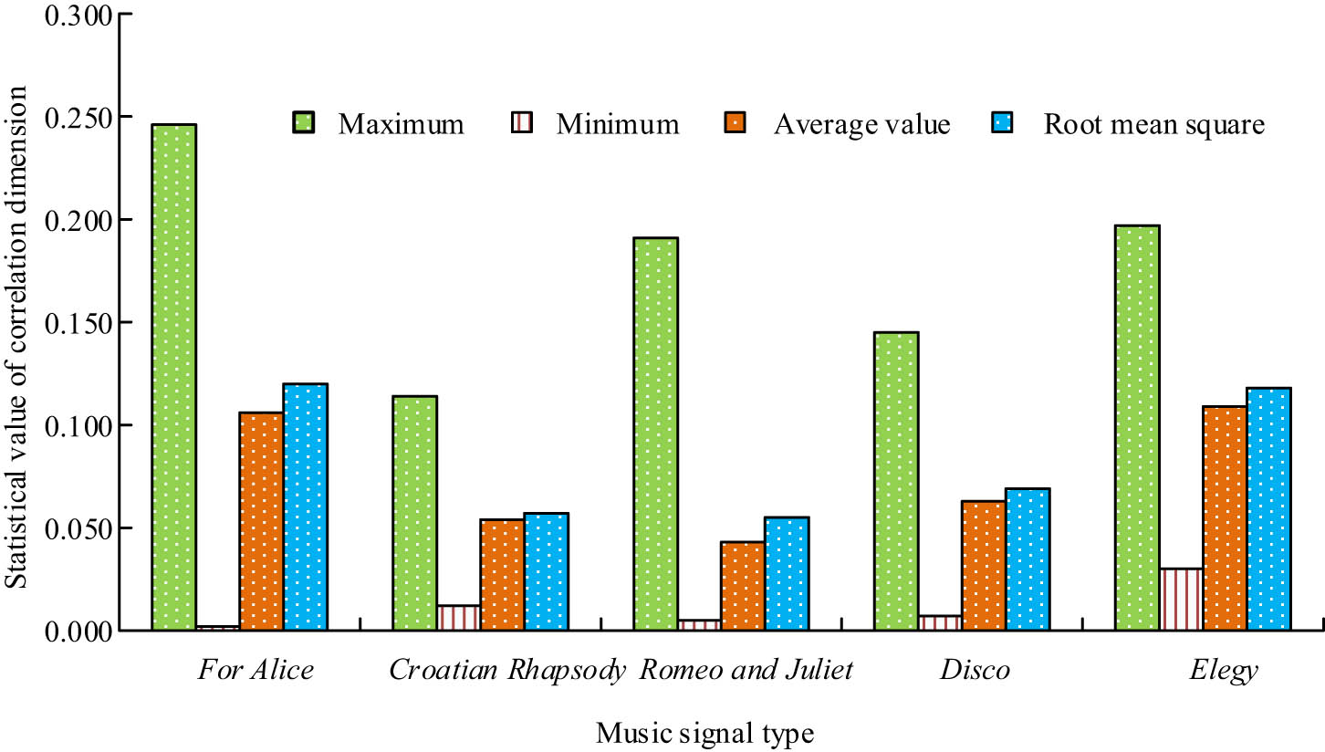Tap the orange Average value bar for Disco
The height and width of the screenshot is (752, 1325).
coord(984,565)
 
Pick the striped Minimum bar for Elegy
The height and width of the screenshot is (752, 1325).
coord(1181,599)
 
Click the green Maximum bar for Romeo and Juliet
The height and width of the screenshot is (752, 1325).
coord(655,433)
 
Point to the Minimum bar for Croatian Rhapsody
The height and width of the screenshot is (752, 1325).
coord(458,618)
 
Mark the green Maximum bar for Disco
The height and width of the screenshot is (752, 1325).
coord(896,481)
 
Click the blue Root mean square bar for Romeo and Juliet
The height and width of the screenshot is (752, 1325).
coord(787,573)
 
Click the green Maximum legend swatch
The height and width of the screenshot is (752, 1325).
coord(303,123)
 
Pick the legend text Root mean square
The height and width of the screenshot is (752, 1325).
coord(1154,124)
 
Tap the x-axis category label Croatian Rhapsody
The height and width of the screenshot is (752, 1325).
coord(507,672)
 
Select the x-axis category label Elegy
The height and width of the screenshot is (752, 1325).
coord(1224,672)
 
